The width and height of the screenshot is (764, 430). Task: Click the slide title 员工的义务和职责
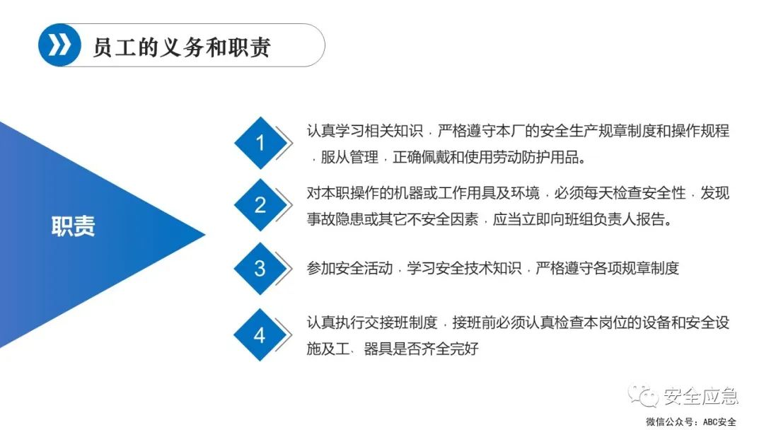coord(182,47)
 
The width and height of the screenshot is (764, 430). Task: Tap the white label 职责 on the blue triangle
coord(73,226)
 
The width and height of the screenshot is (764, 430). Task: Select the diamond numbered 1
coord(260,144)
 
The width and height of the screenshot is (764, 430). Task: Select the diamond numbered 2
coord(260,205)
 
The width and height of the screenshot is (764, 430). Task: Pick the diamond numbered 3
coord(260,269)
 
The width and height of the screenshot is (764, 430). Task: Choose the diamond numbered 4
coord(260,335)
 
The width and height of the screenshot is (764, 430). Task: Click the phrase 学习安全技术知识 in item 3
coord(464,269)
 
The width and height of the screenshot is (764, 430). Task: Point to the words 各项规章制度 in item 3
coord(636,269)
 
